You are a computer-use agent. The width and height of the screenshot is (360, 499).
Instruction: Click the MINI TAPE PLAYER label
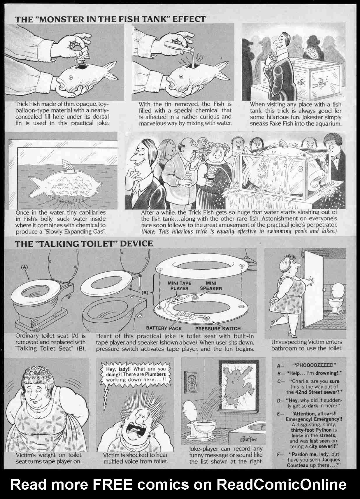179,286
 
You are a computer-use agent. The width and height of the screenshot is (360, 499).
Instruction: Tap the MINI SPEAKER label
211,286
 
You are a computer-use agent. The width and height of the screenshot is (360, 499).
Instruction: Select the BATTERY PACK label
164,328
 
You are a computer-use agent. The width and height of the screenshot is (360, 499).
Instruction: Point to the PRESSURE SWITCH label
218,328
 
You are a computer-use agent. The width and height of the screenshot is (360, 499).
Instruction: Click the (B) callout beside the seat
145,292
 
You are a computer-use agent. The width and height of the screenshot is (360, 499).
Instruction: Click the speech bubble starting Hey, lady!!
136,374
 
